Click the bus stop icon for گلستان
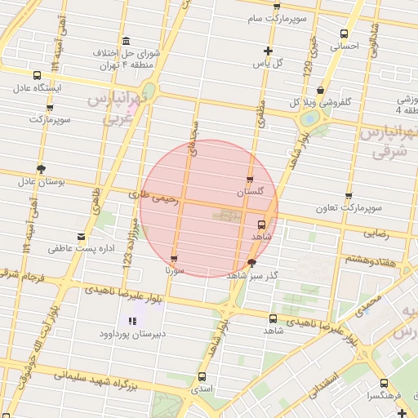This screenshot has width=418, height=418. pyautogui.click(x=249, y=180)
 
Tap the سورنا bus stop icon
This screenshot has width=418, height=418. pyautogui.click(x=173, y=259)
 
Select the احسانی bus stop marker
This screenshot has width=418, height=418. pyautogui.click(x=344, y=35)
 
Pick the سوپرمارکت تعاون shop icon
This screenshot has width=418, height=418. pyautogui.click(x=349, y=196)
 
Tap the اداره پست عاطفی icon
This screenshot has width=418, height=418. pyautogui.click(x=80, y=237)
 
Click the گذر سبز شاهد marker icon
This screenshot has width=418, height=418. pyautogui.click(x=251, y=263)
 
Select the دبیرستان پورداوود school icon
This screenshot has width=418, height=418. pyautogui.click(x=132, y=322)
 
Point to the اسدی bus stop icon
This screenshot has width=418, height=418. pyautogui.click(x=202, y=376)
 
